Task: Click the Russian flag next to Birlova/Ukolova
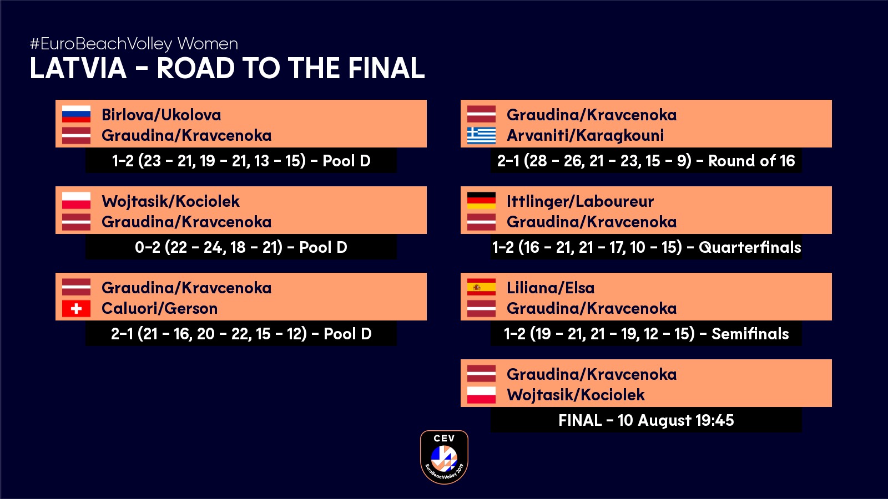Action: coord(76,114)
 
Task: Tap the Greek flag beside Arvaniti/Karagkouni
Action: coord(481,135)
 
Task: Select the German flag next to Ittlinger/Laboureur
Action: coord(481,200)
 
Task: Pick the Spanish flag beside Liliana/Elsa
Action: coord(481,287)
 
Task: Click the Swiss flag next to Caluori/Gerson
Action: coord(76,308)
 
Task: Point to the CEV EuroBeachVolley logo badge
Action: coord(444,457)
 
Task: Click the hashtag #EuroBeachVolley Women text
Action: coord(134,44)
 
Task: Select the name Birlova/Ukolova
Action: coord(162,115)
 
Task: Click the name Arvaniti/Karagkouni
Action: coord(585,135)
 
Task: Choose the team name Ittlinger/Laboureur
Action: coord(580,202)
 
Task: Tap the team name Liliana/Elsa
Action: coord(551,288)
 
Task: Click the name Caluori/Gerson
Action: coord(159,308)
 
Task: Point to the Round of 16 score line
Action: coord(646,161)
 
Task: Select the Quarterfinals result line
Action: coord(646,247)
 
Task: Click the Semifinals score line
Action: coord(646,334)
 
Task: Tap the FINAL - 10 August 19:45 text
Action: coord(646,420)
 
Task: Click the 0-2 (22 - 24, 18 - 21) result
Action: coord(209,247)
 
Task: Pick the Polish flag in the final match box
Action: coord(481,395)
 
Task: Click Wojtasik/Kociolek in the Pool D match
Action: coord(170,201)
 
